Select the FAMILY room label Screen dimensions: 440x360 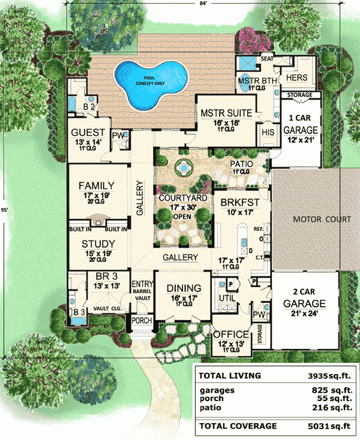96,186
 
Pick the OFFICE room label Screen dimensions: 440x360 231,334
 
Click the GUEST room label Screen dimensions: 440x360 88,133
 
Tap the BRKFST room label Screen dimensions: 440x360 236,203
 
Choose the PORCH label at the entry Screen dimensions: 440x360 143,321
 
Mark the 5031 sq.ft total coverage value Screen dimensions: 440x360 329,426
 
